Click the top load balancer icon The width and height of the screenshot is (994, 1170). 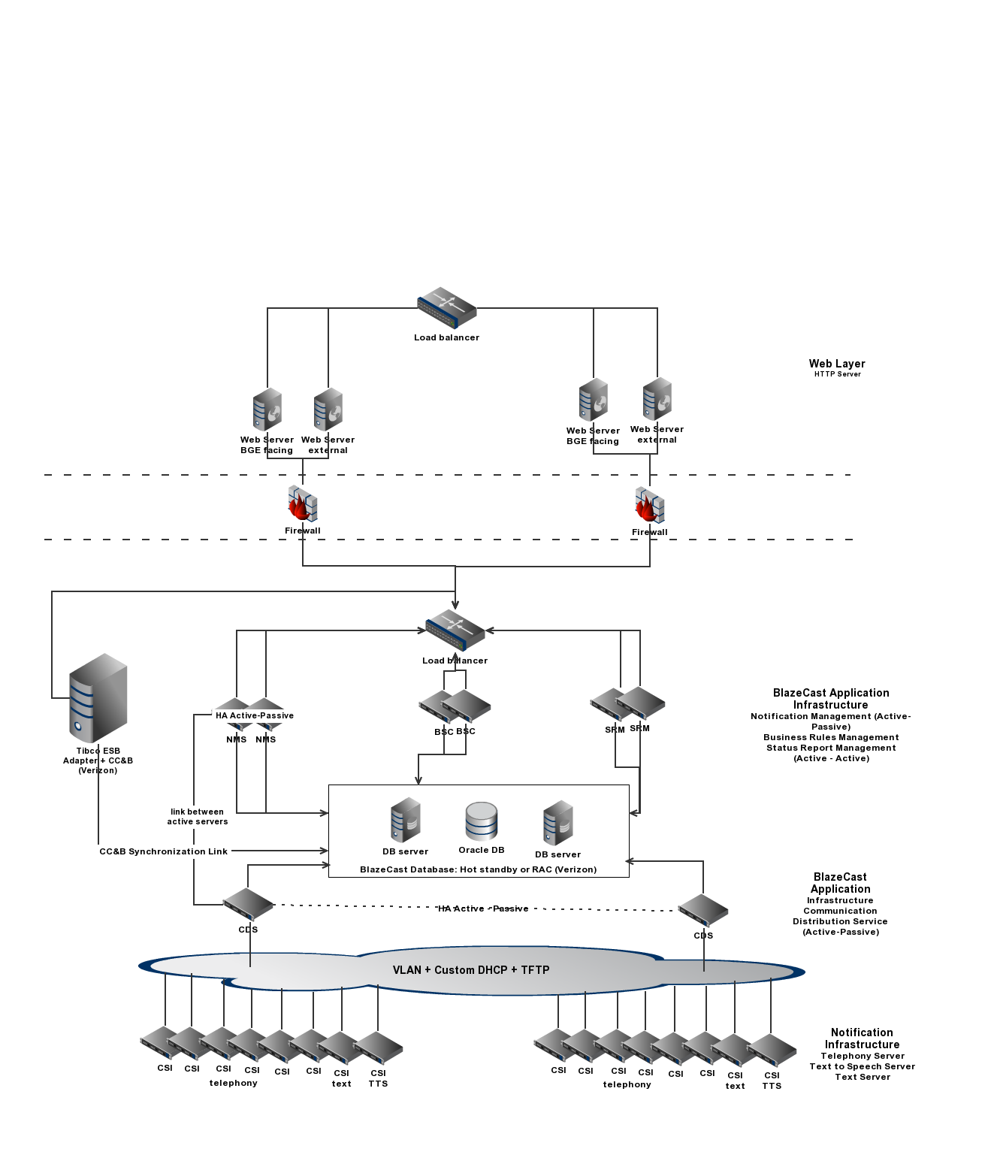[447, 307]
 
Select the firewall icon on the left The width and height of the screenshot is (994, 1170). [303, 504]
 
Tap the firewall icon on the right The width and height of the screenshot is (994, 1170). [650, 505]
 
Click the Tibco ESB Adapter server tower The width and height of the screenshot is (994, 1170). [98, 698]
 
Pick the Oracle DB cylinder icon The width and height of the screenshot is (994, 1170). [482, 821]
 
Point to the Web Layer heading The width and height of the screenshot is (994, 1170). [837, 364]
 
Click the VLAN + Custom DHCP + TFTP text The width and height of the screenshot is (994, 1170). [471, 970]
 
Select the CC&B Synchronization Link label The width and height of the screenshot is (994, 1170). [164, 851]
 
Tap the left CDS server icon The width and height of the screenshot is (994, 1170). [248, 904]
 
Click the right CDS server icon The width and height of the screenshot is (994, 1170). [703, 910]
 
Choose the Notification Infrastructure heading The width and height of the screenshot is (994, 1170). [862, 1038]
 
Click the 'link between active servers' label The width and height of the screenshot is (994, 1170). [197, 817]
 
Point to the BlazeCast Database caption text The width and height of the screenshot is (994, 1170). [479, 869]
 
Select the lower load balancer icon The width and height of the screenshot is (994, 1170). [455, 630]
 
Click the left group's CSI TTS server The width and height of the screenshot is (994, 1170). [378, 1048]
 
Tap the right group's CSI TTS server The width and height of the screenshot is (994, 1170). [772, 1051]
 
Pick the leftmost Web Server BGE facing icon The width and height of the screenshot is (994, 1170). [267, 410]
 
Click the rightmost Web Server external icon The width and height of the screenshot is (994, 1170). [657, 399]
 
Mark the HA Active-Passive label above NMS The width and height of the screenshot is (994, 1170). [255, 715]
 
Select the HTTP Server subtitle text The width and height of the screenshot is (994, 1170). [837, 374]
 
